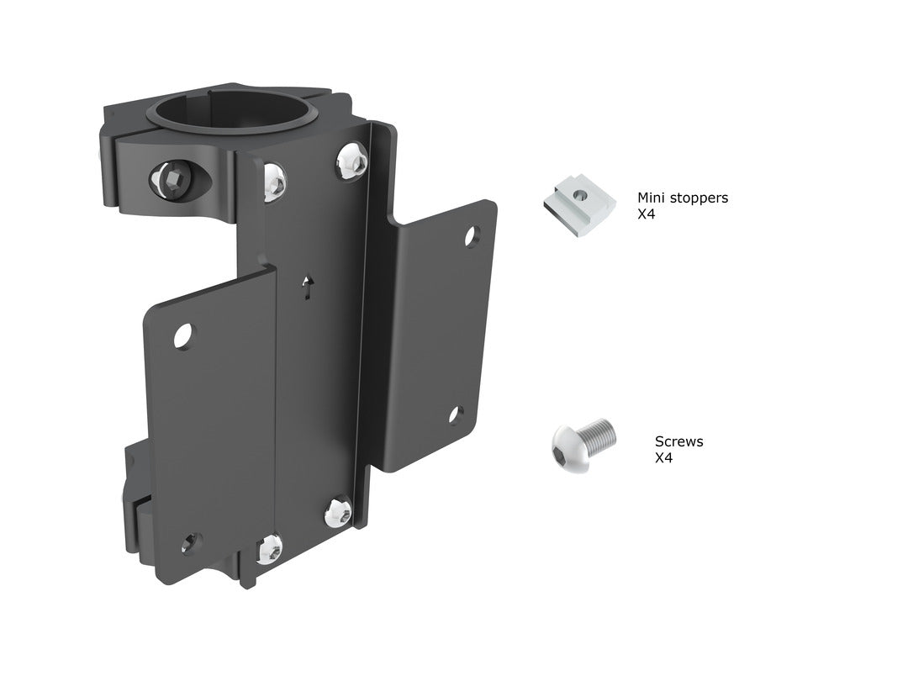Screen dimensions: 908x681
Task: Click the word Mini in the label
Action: click(651, 198)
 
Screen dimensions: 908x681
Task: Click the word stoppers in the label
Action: click(699, 198)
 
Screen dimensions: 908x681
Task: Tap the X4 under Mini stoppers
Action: click(646, 214)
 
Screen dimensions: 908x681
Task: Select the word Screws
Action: click(678, 441)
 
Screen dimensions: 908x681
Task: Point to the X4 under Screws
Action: click(663, 458)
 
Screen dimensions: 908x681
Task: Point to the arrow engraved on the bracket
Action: click(308, 288)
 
